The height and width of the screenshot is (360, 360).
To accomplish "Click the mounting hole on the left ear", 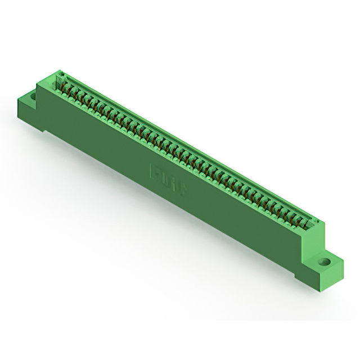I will coord(33,96).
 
